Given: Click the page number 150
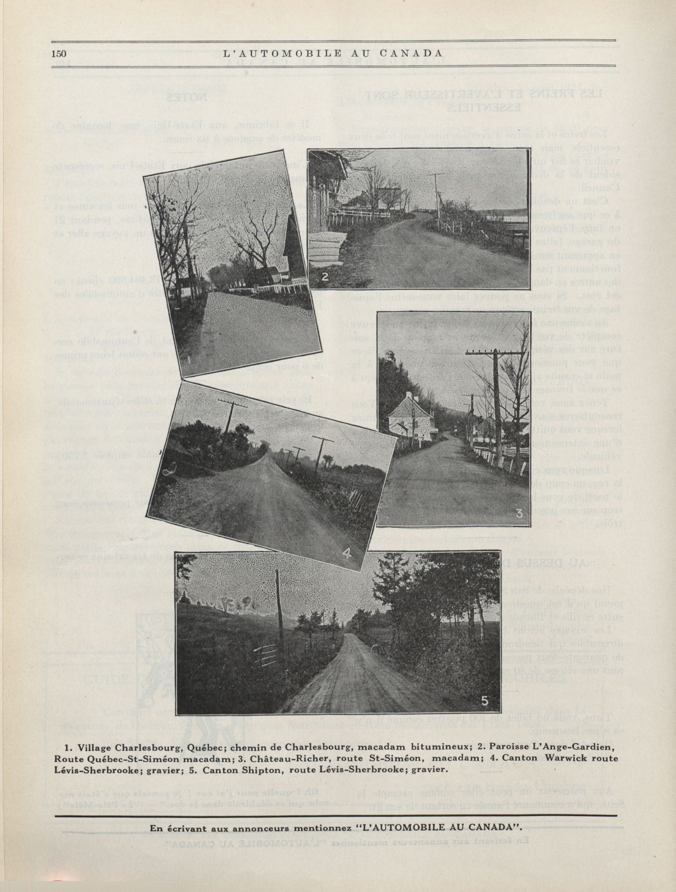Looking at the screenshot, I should (59, 54).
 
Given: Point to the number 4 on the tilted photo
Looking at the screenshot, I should (347, 553).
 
